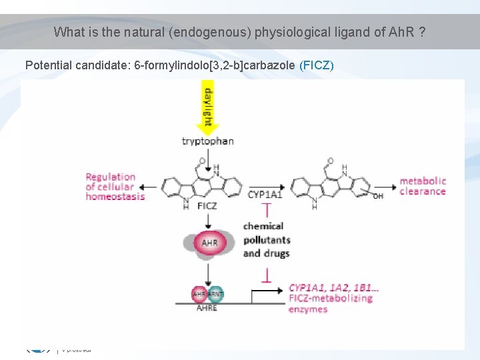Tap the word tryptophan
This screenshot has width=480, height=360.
(x=207, y=141)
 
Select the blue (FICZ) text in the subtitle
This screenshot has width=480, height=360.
(x=317, y=65)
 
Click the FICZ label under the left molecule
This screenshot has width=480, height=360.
(x=207, y=207)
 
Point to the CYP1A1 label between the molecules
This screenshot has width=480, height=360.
(x=265, y=195)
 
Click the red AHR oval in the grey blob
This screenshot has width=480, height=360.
(x=209, y=243)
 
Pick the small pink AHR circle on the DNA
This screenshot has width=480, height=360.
(x=199, y=293)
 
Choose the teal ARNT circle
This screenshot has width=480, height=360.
(x=215, y=293)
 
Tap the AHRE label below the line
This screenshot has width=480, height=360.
(x=207, y=309)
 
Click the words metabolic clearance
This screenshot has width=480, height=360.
(x=422, y=186)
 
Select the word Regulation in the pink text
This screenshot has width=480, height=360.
(x=111, y=177)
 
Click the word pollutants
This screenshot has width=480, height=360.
(x=266, y=240)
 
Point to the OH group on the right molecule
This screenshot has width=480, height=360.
(x=378, y=197)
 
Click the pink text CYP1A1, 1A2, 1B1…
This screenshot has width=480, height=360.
(x=334, y=288)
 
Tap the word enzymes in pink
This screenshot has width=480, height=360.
(x=308, y=309)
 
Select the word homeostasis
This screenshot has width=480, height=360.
(x=115, y=197)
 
